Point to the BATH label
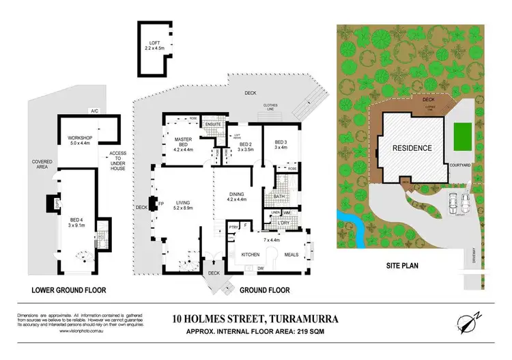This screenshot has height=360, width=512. [280, 197]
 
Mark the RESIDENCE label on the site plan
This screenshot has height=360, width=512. [411, 148]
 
